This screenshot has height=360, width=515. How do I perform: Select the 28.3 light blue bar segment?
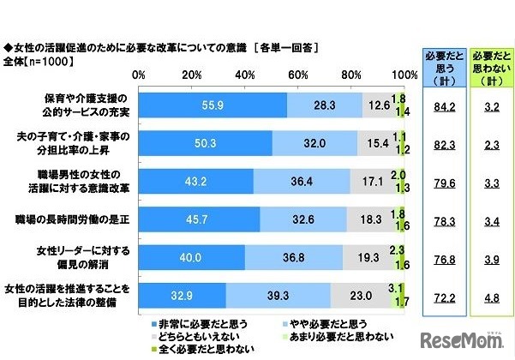click(325, 105)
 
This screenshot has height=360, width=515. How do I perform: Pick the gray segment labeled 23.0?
click(361, 296)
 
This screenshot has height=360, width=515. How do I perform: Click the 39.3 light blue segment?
click(278, 296)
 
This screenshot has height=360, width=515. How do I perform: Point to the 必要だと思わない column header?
click(489, 63)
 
